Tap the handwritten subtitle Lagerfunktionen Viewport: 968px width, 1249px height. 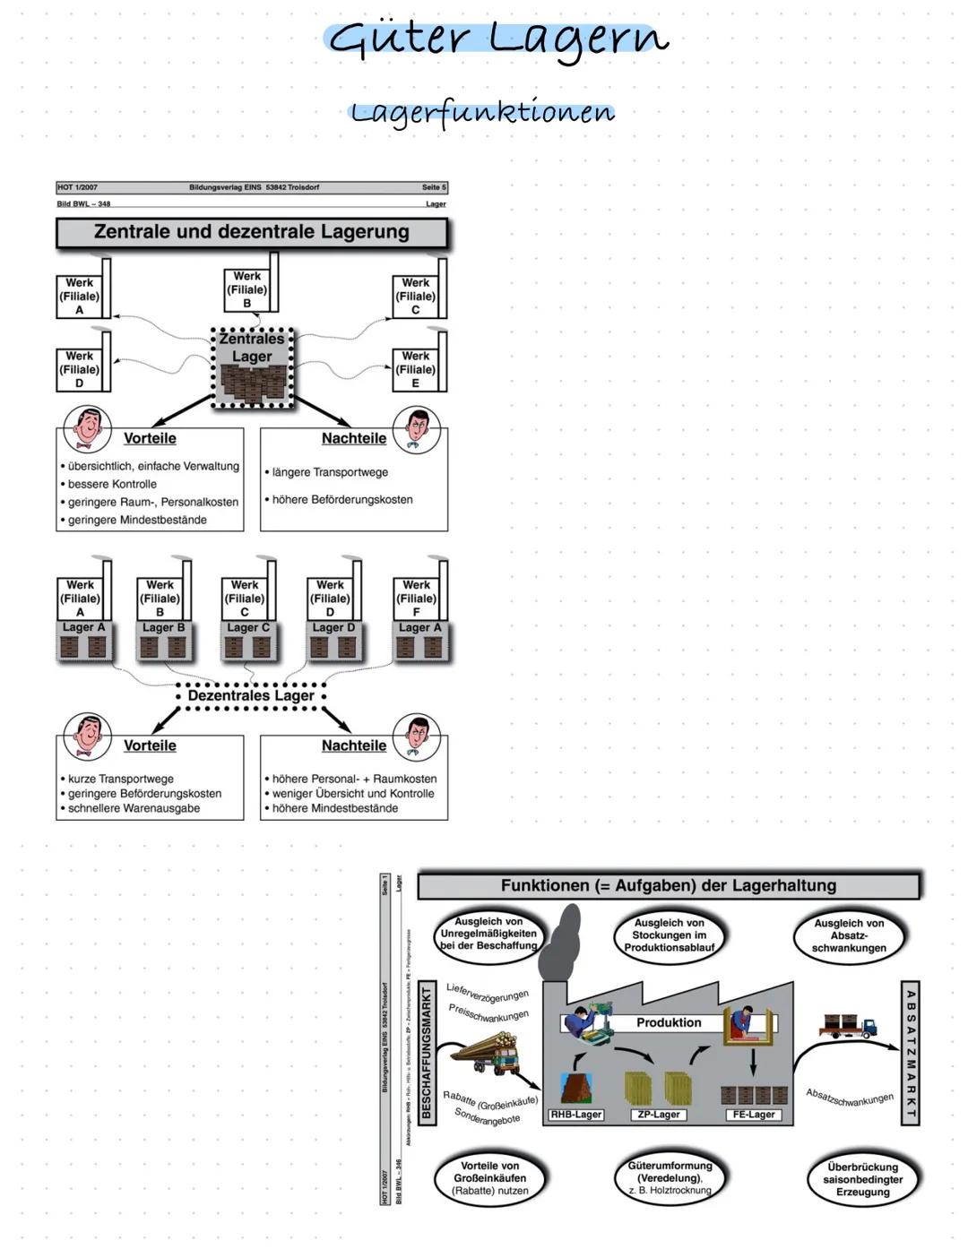point(482,112)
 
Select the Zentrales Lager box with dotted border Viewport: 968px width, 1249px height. point(252,367)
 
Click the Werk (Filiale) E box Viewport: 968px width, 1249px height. point(415,369)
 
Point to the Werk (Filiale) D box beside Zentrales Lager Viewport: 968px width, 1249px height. point(79,369)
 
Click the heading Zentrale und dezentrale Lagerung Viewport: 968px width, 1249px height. point(251,232)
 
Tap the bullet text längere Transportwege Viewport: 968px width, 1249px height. point(330,472)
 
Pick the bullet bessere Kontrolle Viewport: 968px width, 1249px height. point(112,484)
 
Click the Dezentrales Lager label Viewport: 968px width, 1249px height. point(251,695)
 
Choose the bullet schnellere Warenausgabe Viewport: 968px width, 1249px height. point(134,808)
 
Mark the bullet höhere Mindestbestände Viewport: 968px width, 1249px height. point(334,808)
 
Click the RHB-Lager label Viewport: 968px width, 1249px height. point(575,1115)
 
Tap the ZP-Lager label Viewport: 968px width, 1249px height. point(659,1115)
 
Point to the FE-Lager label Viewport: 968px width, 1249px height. point(754,1115)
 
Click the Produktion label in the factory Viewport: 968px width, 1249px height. point(669,1022)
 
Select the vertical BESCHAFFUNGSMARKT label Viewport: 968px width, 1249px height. point(427,1052)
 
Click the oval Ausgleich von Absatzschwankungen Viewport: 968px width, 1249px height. point(849,935)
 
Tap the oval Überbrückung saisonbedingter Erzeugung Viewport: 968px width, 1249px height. point(862,1179)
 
